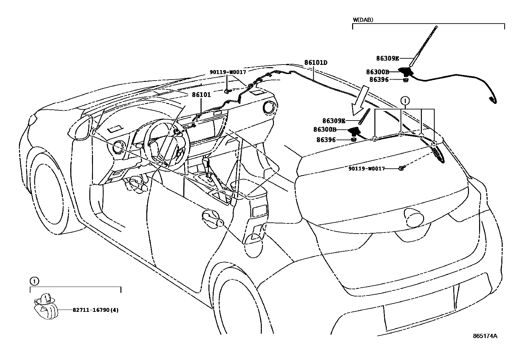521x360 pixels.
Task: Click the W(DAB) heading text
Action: [363, 20]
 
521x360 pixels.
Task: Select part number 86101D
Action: [316, 62]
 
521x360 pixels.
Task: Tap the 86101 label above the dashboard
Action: [201, 95]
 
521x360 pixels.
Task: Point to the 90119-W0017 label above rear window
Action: [366, 168]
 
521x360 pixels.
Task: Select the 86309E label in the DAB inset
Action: [387, 59]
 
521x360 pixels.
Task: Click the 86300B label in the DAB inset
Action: [377, 72]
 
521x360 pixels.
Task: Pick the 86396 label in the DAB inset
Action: [379, 79]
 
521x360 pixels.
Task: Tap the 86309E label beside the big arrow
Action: [334, 121]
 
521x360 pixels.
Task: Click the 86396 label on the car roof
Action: [326, 140]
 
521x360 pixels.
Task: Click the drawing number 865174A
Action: [485, 336]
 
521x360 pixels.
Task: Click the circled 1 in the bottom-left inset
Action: [33, 281]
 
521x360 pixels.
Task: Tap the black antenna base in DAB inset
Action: [405, 71]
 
